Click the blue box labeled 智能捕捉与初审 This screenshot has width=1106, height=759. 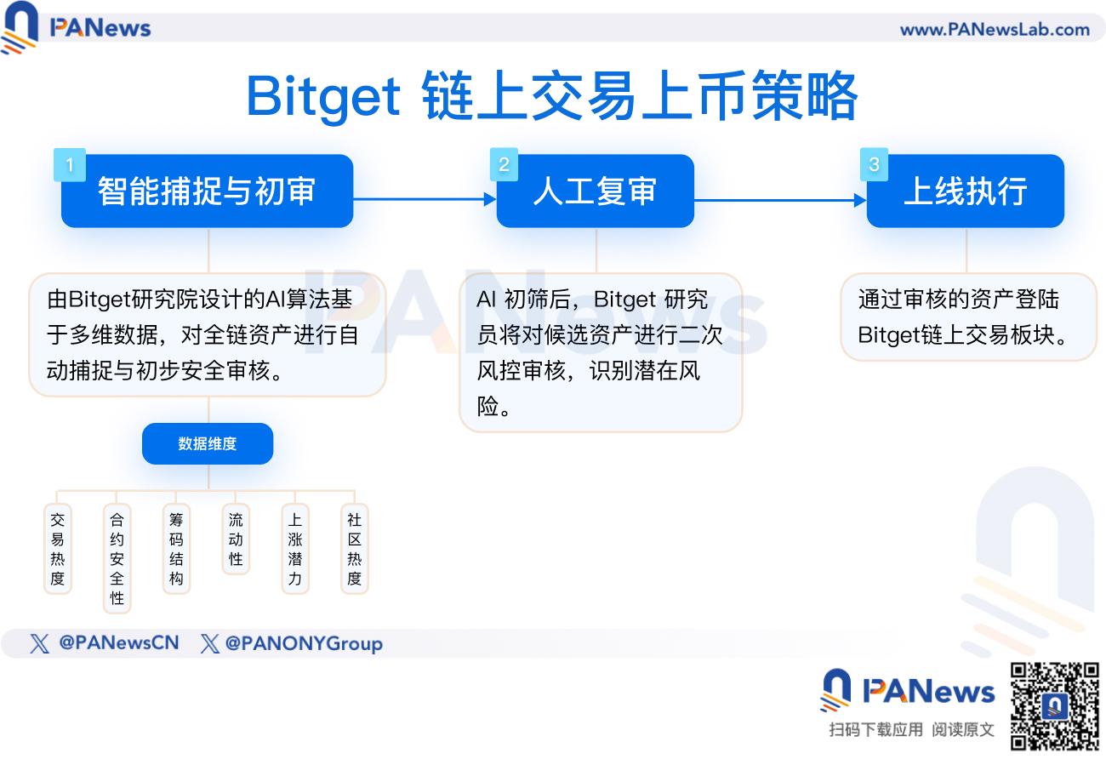[x=207, y=191]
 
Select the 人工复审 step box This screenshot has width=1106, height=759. [x=595, y=191]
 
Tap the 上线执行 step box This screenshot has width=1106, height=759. [x=965, y=191]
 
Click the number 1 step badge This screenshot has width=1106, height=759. [x=70, y=165]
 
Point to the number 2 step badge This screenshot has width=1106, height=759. [x=504, y=164]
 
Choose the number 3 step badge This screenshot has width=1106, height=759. [x=874, y=164]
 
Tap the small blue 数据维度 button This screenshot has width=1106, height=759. [x=208, y=443]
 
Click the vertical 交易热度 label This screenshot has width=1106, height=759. [x=57, y=549]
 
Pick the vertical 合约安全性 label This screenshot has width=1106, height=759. [x=117, y=558]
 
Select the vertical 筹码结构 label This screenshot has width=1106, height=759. [x=176, y=549]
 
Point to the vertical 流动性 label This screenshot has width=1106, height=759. [x=236, y=539]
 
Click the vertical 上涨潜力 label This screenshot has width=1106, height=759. [x=295, y=549]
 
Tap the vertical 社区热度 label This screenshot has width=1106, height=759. [x=354, y=549]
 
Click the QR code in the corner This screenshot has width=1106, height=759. [x=1055, y=705]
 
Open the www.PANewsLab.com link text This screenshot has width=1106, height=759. [x=995, y=30]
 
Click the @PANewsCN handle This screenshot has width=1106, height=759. [x=118, y=643]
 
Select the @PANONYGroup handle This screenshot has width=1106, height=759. [x=303, y=644]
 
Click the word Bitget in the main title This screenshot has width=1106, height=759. [x=323, y=97]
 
